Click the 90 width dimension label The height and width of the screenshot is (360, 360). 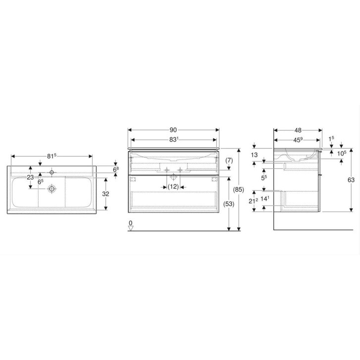coord(173,130)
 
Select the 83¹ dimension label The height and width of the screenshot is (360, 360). coord(174,139)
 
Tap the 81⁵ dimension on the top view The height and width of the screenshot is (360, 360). coord(51,156)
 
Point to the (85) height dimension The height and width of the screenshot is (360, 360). coord(238,190)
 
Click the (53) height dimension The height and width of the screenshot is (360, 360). coord(228,204)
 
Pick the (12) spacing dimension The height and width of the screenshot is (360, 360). coord(173,187)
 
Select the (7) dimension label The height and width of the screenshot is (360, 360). coord(229,160)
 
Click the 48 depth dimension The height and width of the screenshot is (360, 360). coord(298,130)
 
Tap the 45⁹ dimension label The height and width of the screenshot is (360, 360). coord(298,140)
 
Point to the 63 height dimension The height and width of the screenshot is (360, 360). coord(351,180)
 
